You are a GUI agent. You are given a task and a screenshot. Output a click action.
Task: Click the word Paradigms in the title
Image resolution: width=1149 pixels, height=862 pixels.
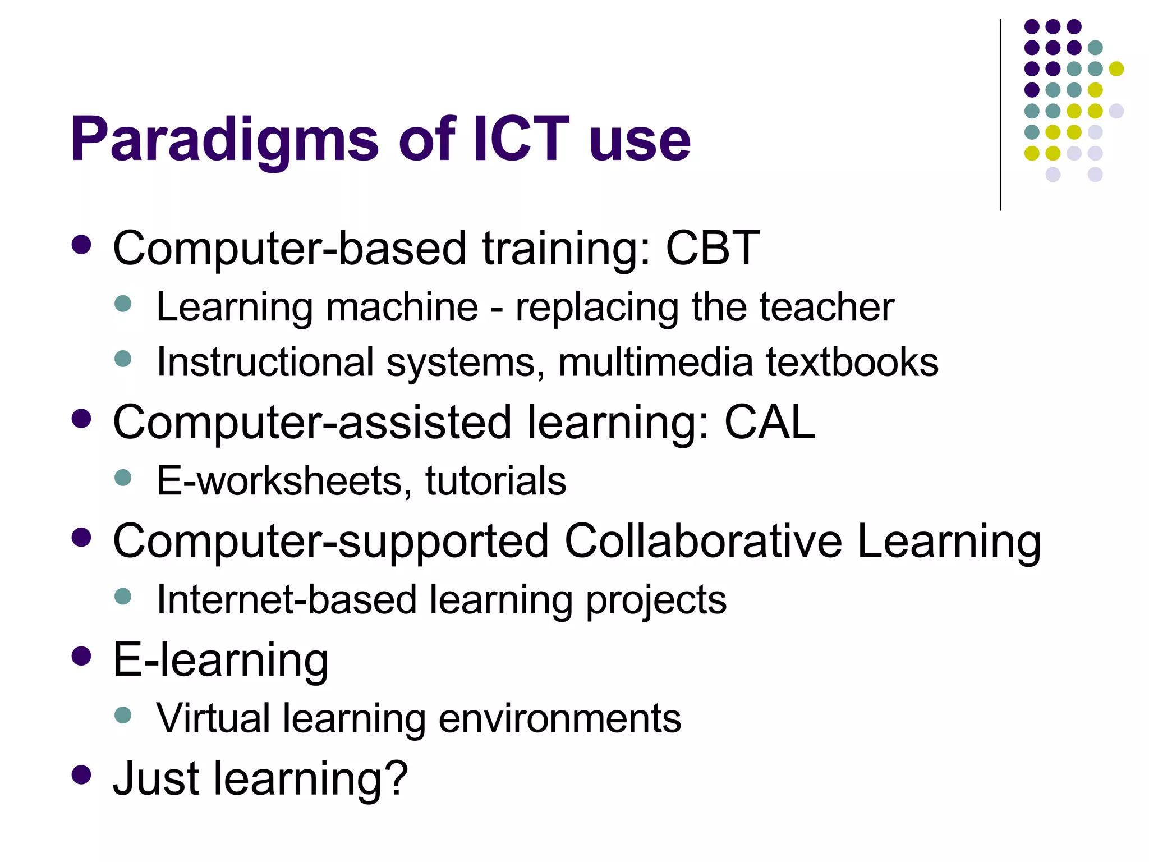224,140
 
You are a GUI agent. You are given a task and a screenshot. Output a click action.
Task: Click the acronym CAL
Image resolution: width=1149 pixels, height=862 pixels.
769,422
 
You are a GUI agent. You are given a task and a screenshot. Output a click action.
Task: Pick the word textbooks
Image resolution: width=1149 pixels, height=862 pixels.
852,362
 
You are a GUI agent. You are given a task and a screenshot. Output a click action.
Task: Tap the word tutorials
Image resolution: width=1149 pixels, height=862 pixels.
496,481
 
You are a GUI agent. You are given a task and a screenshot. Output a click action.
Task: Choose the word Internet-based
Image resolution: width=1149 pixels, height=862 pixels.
287,599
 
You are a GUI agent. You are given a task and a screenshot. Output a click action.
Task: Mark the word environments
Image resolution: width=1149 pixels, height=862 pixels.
559,718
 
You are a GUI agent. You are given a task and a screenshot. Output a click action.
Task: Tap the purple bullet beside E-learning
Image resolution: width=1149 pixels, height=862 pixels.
82,656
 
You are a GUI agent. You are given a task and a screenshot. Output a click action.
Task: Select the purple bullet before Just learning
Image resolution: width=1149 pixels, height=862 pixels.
82,775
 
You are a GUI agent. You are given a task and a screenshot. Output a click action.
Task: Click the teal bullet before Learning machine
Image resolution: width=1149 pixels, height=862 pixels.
122,304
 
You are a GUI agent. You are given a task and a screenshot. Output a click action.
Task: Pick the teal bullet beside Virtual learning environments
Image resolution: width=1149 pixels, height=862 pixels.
122,715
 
